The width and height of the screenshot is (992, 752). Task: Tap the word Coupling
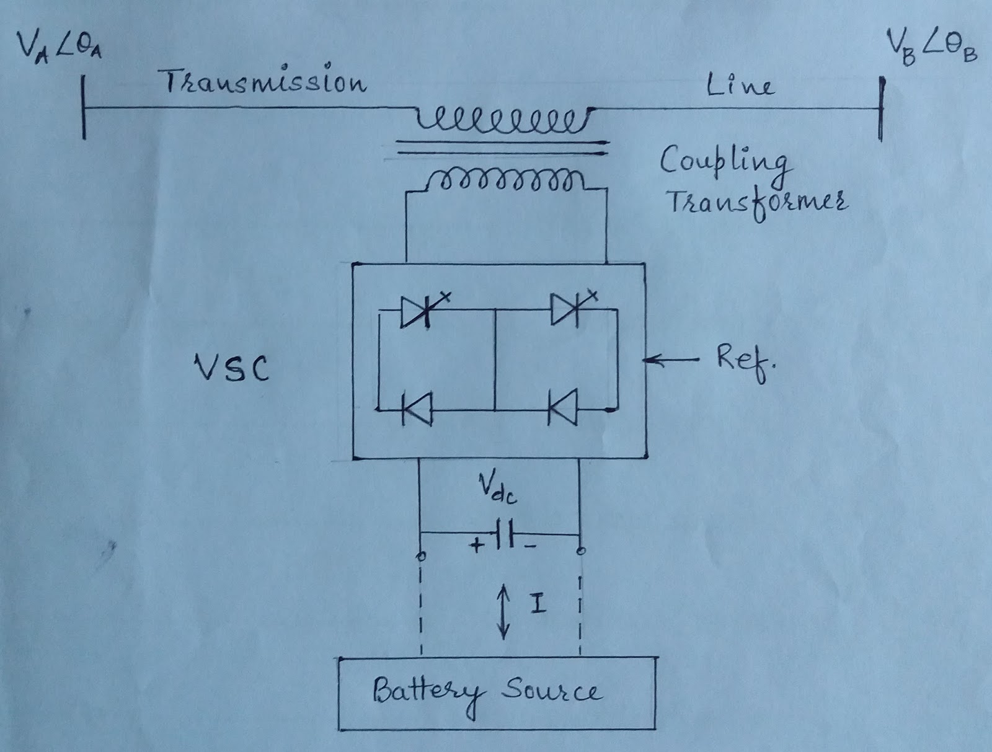tap(724, 162)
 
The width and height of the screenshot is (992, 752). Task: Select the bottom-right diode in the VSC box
tap(564, 408)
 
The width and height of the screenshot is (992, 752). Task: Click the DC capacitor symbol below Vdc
tap(505, 534)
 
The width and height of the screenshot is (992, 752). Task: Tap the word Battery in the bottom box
tap(427, 691)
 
